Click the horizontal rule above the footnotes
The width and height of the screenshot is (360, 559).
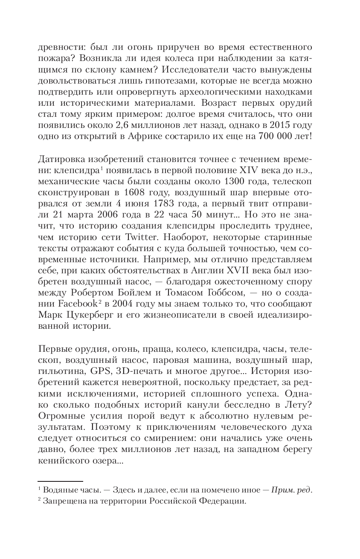54,480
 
